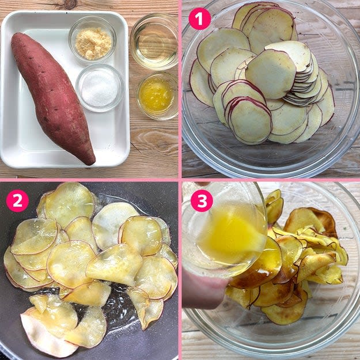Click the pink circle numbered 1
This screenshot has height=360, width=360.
(x=199, y=18)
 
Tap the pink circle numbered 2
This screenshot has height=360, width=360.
(x=17, y=200)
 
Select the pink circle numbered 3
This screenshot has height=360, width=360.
(x=202, y=200)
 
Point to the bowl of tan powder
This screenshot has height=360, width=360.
(x=93, y=39)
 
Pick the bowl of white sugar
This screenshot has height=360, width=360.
(x=100, y=88)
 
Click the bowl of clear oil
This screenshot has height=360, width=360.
(x=154, y=41)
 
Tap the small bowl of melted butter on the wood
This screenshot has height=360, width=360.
(x=157, y=96)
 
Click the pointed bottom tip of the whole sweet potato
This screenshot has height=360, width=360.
(x=91, y=162)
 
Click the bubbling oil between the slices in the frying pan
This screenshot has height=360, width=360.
(x=115, y=308)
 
